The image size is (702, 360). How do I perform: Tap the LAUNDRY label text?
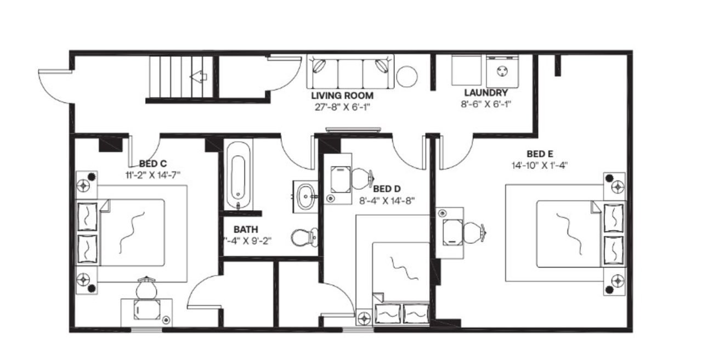click(x=485, y=93)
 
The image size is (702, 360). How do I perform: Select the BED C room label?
click(x=152, y=164)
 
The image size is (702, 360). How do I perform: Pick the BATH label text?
click(x=246, y=229)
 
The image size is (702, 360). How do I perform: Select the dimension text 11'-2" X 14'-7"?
click(x=152, y=174)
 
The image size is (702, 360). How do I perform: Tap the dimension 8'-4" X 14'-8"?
click(x=387, y=200)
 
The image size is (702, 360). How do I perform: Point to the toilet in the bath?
click(x=303, y=238)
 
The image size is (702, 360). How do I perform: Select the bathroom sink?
click(x=305, y=194)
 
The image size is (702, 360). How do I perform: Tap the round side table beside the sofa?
click(x=407, y=76)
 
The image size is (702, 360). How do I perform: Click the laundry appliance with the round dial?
click(x=502, y=70)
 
